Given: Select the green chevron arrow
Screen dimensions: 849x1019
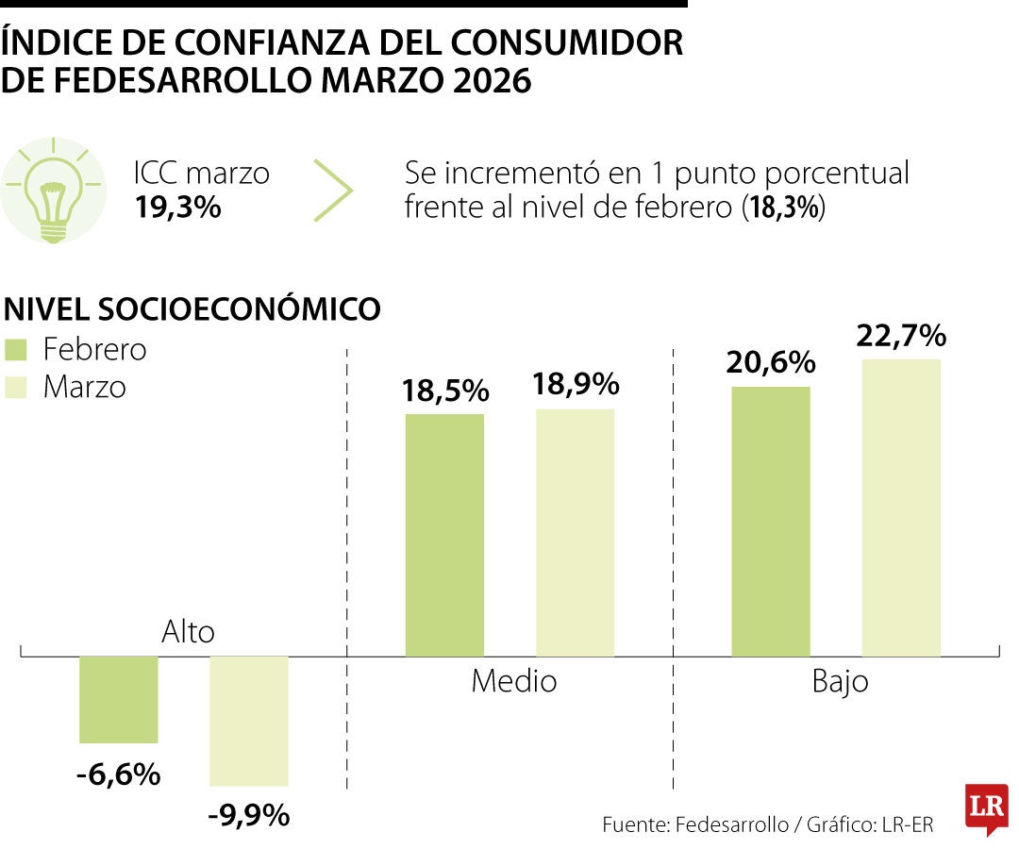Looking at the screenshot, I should (334, 191).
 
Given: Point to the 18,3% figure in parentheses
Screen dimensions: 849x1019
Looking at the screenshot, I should (783, 208).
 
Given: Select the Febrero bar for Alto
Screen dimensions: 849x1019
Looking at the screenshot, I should (118, 699).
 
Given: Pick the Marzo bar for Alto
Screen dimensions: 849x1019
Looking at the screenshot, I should (248, 721).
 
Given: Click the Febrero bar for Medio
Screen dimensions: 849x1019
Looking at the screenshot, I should (444, 535).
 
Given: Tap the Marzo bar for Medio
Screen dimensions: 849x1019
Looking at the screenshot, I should (575, 532).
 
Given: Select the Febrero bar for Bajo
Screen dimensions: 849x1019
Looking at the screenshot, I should (771, 521).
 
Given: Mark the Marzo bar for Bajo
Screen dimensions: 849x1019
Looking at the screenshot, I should (901, 508).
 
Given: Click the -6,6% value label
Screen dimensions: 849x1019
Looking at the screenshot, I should (118, 774).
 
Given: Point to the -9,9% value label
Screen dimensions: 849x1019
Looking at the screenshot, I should (248, 815).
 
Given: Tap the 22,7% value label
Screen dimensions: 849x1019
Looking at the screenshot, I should (901, 335).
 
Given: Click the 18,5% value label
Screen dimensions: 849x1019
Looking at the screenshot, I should (444, 391).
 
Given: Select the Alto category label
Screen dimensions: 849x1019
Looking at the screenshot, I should (188, 632).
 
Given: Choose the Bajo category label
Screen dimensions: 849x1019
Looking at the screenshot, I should (840, 682).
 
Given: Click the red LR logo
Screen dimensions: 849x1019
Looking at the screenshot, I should (986, 807).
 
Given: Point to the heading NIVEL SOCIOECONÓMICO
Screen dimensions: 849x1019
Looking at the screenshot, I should (193, 309).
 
